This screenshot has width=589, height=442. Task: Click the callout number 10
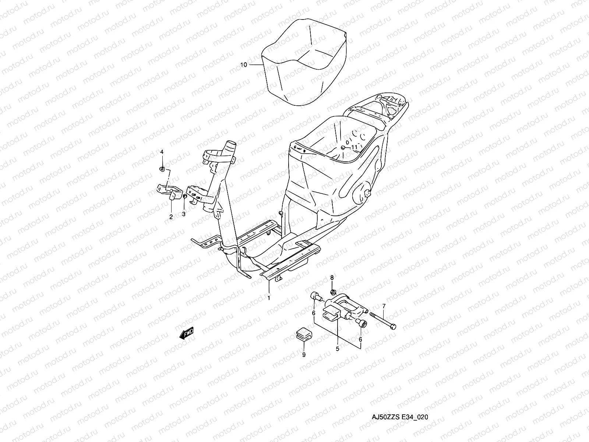(x=254, y=65)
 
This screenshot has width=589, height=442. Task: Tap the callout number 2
(x=171, y=217)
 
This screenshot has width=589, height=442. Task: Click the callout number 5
(x=337, y=348)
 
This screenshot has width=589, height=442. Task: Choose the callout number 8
(x=332, y=277)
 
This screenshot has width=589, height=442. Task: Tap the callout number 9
(x=304, y=355)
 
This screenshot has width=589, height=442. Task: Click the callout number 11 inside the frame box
(x=354, y=147)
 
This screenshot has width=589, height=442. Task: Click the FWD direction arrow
(x=186, y=334)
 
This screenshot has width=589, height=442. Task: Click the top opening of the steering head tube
(x=231, y=144)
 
